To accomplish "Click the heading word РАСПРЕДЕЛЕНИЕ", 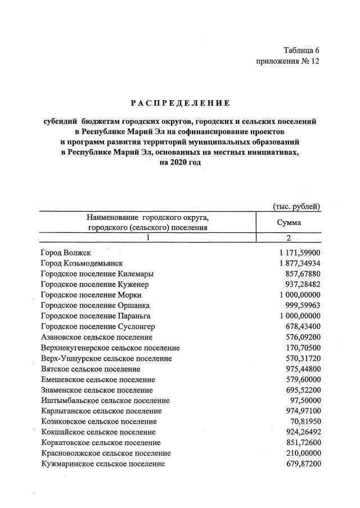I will (x=180, y=103).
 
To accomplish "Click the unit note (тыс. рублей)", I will (x=296, y=206).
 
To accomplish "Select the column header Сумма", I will (x=289, y=222).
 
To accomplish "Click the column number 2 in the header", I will (x=289, y=238).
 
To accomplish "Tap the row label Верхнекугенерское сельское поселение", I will (x=110, y=348).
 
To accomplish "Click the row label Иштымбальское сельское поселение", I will (x=105, y=401).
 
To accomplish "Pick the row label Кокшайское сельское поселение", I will (x=98, y=432).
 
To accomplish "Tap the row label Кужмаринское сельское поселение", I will (x=103, y=464).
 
